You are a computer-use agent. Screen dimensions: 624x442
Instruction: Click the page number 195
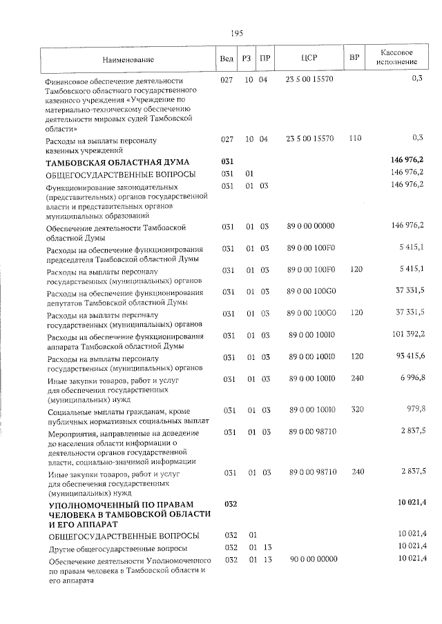tap(237, 32)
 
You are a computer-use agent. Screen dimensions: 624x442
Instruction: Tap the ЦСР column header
tap(310, 58)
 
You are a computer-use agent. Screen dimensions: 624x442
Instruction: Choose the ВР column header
tap(354, 58)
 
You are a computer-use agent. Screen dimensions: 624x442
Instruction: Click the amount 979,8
tap(415, 409)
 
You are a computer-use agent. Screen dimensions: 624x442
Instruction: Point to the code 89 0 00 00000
tap(310, 225)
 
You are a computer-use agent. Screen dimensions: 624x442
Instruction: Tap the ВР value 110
tap(355, 139)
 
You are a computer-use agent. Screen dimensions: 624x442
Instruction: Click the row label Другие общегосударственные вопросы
tap(116, 547)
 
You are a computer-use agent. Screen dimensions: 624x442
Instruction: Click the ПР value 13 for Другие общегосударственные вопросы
tap(264, 547)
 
